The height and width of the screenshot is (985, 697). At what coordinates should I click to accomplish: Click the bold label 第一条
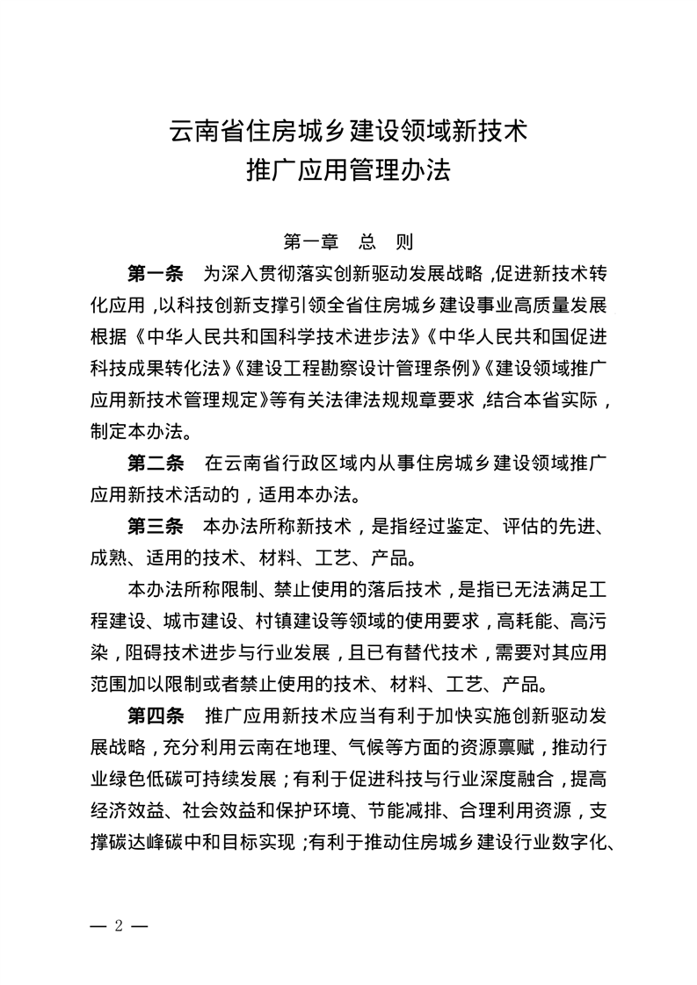pyautogui.click(x=155, y=274)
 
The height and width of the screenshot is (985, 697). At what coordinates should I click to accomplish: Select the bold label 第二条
pyautogui.click(x=155, y=463)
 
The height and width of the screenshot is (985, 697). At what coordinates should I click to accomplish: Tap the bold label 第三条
pyautogui.click(x=155, y=527)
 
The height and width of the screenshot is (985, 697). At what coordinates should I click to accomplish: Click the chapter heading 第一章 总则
pyautogui.click(x=348, y=241)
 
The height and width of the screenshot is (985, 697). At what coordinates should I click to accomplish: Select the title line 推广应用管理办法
pyautogui.click(x=348, y=169)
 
